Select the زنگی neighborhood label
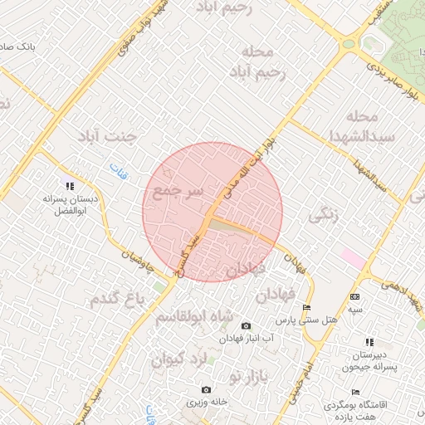point(324,215)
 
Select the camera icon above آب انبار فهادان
point(245,326)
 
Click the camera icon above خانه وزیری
point(206,389)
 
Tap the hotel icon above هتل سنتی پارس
point(307,308)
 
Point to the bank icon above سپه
point(355,296)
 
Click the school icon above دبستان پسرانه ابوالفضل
point(71,186)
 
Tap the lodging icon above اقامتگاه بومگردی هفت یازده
point(355,392)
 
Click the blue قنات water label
point(115,171)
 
